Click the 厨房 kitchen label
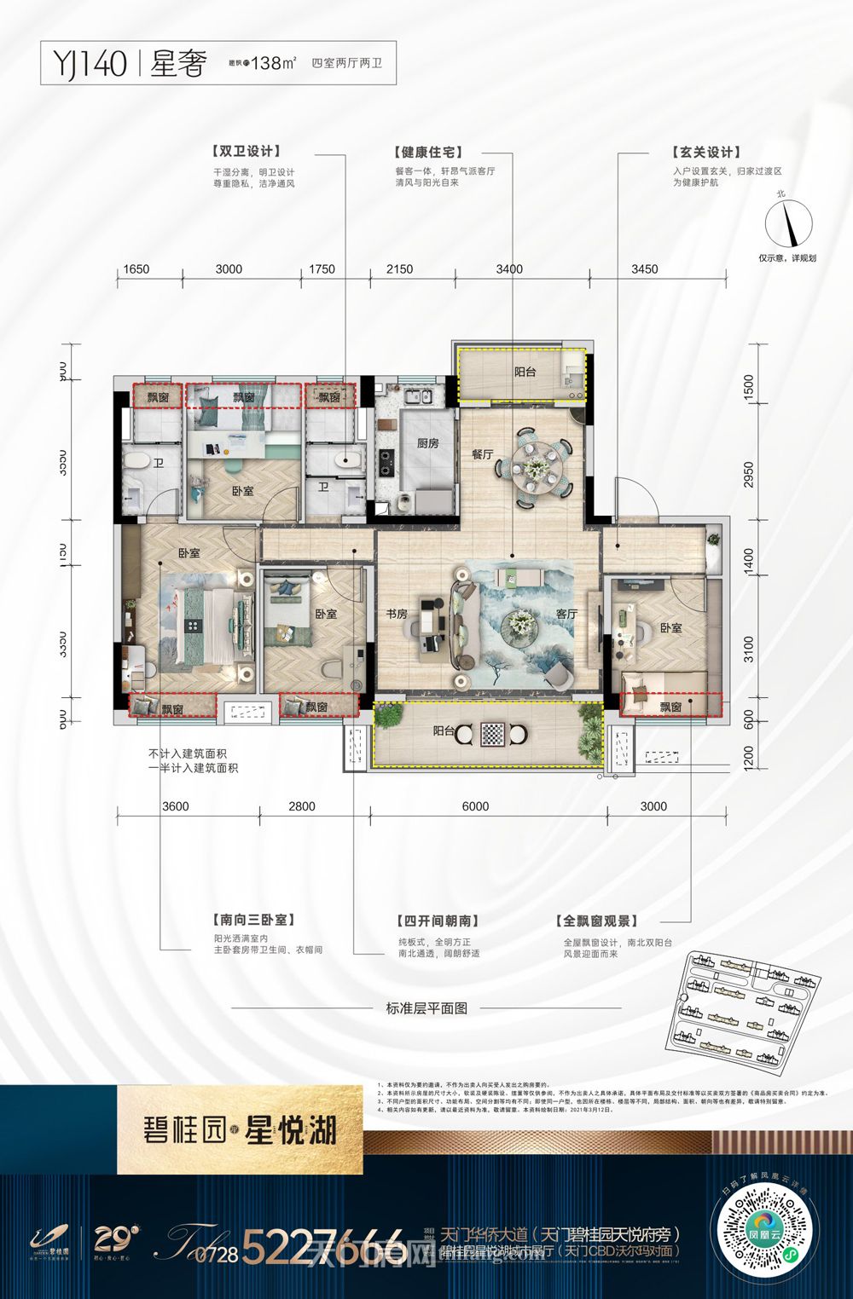pos(427,443)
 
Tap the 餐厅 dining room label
pos(483,454)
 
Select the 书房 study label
pos(397,614)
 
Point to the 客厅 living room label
pos(567,614)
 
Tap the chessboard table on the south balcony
pos(491,732)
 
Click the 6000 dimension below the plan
pos(475,806)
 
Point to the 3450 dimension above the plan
pos(644,269)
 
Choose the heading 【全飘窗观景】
pos(598,921)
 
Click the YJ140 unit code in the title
pos(90,64)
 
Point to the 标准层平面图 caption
pos(426,1007)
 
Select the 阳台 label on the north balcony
pos(525,372)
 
